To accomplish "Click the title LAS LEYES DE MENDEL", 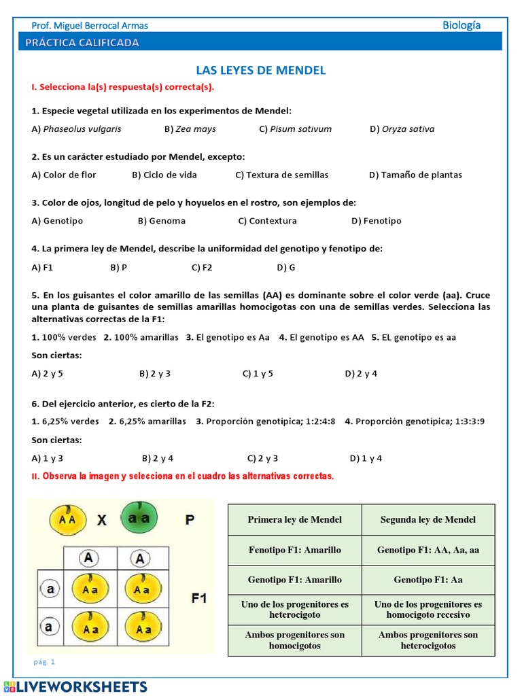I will pos(261,70).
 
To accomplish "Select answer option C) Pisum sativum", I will pos(295,129).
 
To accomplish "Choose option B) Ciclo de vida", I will pos(164,175).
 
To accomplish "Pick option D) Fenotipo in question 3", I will pos(376,221).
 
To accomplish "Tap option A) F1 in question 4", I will pos(42,268).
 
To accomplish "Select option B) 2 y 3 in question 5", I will pos(154,373).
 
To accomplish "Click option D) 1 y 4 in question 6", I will pos(366,458).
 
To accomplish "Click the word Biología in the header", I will pos(462,25).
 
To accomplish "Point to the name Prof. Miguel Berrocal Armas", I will pos(90,26).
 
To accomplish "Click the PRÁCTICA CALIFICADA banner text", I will pos(82,43).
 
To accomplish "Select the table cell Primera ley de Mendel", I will pos(294,519).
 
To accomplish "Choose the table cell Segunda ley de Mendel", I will pos(428,519).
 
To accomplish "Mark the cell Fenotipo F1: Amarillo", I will pos(294,550).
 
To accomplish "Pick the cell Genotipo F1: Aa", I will pos(428,580).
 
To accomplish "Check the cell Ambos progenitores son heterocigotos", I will pos(428,640).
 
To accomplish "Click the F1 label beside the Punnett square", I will pos(198,599).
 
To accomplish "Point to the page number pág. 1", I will pos(44,661).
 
